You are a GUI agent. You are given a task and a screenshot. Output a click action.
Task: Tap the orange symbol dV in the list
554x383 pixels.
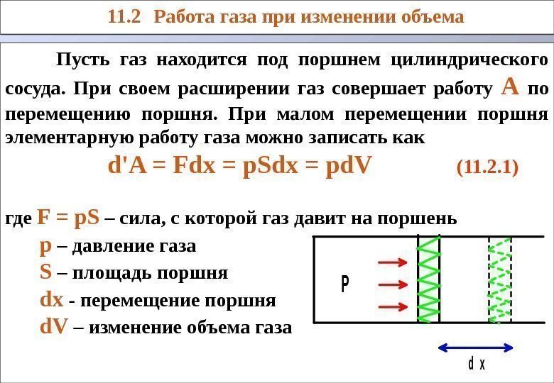(55, 327)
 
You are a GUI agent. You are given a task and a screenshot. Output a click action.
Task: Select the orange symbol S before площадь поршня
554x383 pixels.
(46, 272)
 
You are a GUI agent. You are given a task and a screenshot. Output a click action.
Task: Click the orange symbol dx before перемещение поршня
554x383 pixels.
(53, 300)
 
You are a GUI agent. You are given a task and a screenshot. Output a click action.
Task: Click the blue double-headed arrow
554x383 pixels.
(474, 347)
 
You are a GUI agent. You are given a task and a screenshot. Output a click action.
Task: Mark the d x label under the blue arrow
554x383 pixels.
(476, 365)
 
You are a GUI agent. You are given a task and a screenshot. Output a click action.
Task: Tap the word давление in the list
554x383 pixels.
(107, 246)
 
